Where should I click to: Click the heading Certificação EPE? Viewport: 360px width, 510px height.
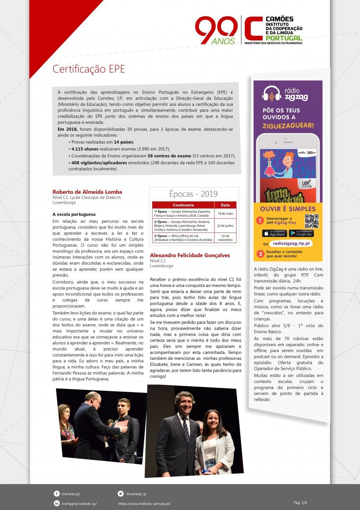tap(89, 69)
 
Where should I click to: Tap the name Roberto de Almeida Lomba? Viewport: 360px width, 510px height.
tap(87, 192)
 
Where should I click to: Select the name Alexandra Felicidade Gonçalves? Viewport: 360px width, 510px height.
tap(190, 255)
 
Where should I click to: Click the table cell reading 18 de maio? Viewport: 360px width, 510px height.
tap(225, 213)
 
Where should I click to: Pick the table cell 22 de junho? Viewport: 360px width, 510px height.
tap(225, 225)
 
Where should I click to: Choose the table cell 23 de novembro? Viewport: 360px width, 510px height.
tap(225, 238)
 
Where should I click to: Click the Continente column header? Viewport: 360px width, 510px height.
tap(183, 205)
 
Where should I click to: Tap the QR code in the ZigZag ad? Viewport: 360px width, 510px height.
tap(311, 221)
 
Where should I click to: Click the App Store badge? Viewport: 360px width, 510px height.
tap(274, 234)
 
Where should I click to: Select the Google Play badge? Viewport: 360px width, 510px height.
tap(301, 234)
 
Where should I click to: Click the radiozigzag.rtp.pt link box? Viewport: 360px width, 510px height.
tap(291, 244)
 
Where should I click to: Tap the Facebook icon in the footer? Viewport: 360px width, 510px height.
tap(57, 494)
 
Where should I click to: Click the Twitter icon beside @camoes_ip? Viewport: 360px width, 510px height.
tap(121, 494)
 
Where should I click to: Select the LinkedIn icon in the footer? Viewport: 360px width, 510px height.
tap(57, 504)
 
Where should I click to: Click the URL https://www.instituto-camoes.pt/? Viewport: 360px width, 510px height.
tap(144, 504)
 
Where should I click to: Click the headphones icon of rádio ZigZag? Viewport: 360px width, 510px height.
tap(272, 93)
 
